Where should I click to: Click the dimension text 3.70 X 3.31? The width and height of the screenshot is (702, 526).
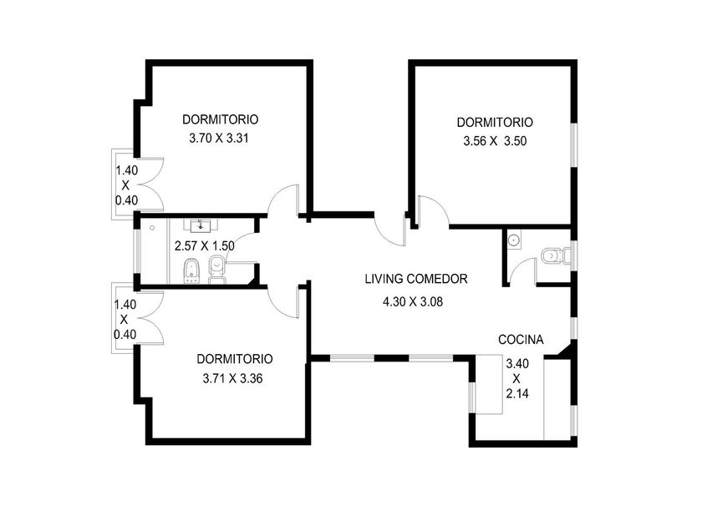pyautogui.click(x=218, y=139)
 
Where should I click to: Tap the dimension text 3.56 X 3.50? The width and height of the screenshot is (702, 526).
pyautogui.click(x=495, y=141)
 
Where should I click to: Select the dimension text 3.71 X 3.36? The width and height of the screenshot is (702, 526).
pyautogui.click(x=232, y=379)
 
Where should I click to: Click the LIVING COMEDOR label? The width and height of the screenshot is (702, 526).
pyautogui.click(x=416, y=279)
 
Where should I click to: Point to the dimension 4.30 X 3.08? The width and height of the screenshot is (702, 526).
pyautogui.click(x=412, y=302)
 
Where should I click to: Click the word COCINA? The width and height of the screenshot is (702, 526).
pyautogui.click(x=521, y=340)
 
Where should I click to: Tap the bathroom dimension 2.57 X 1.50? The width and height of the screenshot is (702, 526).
pyautogui.click(x=204, y=246)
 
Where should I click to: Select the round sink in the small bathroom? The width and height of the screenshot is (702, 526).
pyautogui.click(x=513, y=240)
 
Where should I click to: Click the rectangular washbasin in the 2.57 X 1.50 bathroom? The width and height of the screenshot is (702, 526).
pyautogui.click(x=200, y=225)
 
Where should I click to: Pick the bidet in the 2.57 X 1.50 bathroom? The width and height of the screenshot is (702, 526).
pyautogui.click(x=192, y=271)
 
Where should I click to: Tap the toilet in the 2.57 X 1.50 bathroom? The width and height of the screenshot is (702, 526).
pyautogui.click(x=217, y=270)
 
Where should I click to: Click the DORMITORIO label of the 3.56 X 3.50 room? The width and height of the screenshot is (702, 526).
pyautogui.click(x=495, y=122)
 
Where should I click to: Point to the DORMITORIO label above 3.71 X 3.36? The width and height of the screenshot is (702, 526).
pyautogui.click(x=235, y=359)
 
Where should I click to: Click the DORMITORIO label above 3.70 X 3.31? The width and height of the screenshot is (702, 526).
pyautogui.click(x=221, y=119)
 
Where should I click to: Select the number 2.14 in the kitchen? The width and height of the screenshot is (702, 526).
pyautogui.click(x=517, y=393)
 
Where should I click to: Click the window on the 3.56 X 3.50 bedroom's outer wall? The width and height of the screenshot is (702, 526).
pyautogui.click(x=574, y=145)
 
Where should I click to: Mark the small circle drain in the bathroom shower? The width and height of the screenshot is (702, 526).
pyautogui.click(x=152, y=228)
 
